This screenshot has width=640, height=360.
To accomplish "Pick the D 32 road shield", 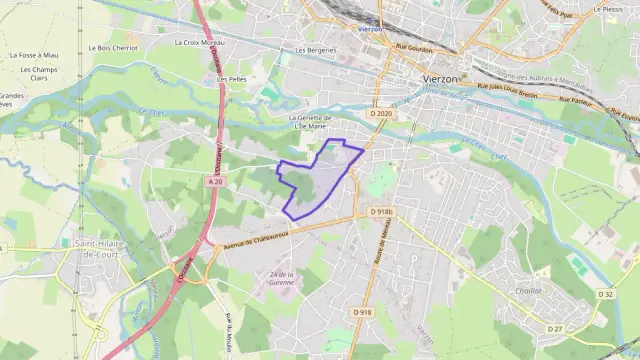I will point(605,294).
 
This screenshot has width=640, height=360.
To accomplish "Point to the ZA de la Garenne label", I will point(282,279).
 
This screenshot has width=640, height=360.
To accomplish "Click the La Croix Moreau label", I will point(199,43).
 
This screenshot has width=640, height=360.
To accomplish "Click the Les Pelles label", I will point(233,78).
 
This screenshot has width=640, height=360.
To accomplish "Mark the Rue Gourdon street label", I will point(413,46).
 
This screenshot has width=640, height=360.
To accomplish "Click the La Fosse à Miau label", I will point(34,55).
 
